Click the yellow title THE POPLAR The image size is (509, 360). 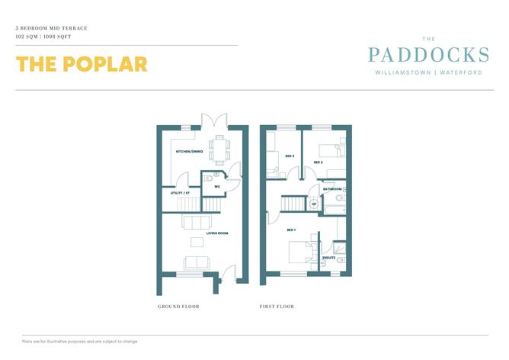[x=82, y=64]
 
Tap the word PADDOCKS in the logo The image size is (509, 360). [x=428, y=55]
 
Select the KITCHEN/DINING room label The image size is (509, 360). [x=189, y=152]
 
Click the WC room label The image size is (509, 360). [x=217, y=187]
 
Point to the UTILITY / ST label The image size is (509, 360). [x=180, y=193]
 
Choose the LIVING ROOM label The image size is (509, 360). [x=217, y=233]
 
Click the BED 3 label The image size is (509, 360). [x=290, y=156]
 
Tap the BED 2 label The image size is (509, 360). [x=319, y=162]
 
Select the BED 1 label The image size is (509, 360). [x=291, y=230]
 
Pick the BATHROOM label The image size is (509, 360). [x=332, y=189]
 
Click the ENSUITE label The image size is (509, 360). [x=329, y=258]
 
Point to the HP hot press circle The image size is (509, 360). [x=314, y=204]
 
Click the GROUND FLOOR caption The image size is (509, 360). [x=178, y=307]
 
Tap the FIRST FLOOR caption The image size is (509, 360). [x=277, y=307]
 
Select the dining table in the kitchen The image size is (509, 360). [x=219, y=150]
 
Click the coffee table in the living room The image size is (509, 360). [x=197, y=242]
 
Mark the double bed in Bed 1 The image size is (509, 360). [x=299, y=252]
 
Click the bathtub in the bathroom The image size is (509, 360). [x=335, y=210]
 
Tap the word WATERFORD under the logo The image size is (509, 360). [x=461, y=72]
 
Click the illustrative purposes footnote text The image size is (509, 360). [x=80, y=342]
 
